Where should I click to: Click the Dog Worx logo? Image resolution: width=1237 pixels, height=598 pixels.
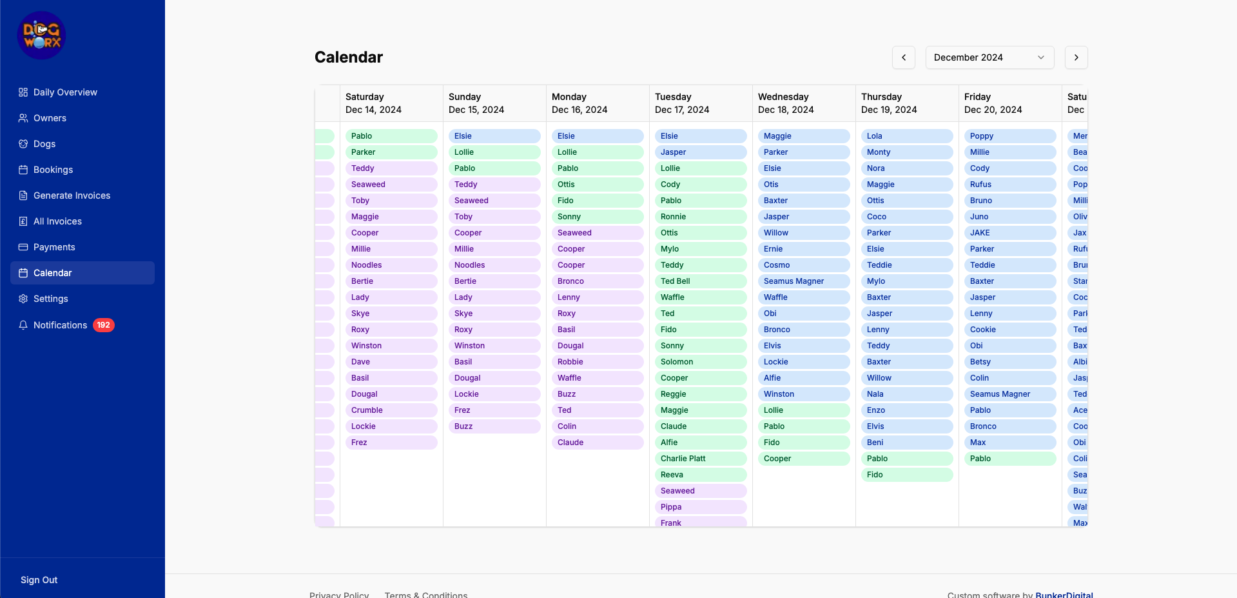(x=41, y=35)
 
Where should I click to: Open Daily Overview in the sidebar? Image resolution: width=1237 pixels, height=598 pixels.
(x=64, y=92)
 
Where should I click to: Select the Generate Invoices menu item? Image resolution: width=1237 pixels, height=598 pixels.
(x=72, y=195)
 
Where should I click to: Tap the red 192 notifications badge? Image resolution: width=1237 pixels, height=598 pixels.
(x=103, y=325)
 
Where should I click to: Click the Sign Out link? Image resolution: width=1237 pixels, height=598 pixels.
(x=39, y=580)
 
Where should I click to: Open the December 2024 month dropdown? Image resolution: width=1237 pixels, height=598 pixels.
(x=989, y=57)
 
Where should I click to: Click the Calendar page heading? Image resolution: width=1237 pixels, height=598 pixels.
(x=349, y=57)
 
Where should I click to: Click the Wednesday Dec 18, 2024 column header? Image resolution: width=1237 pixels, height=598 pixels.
(x=803, y=103)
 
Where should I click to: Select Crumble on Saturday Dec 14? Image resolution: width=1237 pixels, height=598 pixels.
(x=391, y=410)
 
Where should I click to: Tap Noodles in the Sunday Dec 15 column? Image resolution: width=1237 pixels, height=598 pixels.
(x=494, y=265)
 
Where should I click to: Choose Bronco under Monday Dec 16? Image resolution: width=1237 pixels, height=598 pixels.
(x=597, y=281)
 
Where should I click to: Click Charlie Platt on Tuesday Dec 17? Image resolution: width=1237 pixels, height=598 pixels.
(x=700, y=459)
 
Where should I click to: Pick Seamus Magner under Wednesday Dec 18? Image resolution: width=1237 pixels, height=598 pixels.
(x=803, y=281)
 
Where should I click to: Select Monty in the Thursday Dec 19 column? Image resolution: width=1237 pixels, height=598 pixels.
(x=906, y=152)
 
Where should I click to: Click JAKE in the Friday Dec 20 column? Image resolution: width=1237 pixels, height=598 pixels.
(x=1009, y=233)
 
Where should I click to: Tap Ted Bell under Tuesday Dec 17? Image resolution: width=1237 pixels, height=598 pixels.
(x=700, y=281)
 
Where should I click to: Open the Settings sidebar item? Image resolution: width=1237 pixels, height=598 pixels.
(x=50, y=299)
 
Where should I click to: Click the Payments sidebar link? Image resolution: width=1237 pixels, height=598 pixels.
(x=54, y=247)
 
